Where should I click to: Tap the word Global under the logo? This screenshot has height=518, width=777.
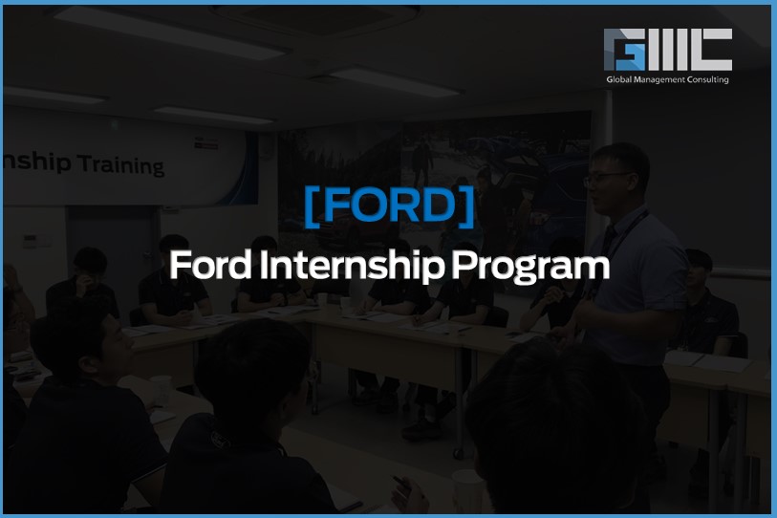pos(619,80)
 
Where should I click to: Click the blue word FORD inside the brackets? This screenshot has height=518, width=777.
pos(389,205)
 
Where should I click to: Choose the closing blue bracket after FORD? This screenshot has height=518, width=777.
pos(467,206)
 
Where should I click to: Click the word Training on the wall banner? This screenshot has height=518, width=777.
pos(120,165)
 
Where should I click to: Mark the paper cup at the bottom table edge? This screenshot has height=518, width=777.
pos(466,489)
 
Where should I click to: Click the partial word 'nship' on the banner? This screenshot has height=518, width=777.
pos(37,162)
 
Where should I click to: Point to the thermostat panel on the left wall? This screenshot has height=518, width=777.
pos(30,241)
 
